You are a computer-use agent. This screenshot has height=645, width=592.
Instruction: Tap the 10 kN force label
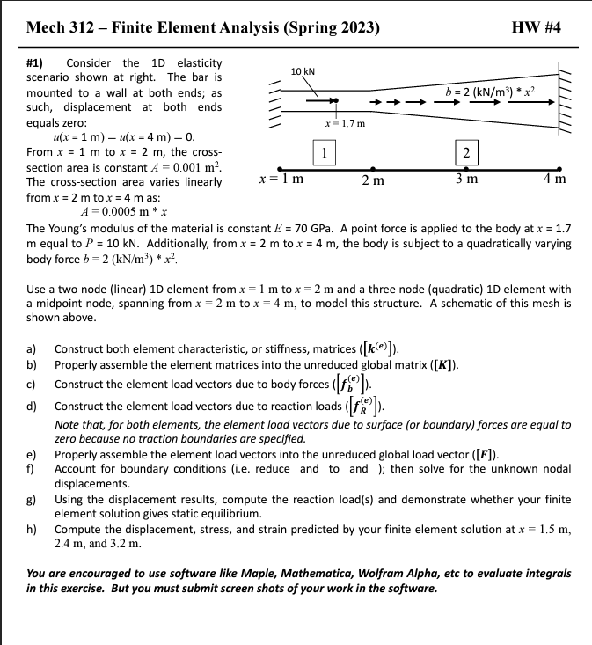tap(303, 70)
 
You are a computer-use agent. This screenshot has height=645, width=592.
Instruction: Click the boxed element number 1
tap(325, 151)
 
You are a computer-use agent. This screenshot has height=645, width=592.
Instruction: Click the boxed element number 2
tap(465, 151)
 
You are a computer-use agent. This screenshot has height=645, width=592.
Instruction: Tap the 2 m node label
tap(372, 181)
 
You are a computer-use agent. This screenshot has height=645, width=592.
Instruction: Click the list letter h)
tap(33, 529)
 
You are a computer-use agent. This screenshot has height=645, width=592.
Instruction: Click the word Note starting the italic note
tap(68, 424)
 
